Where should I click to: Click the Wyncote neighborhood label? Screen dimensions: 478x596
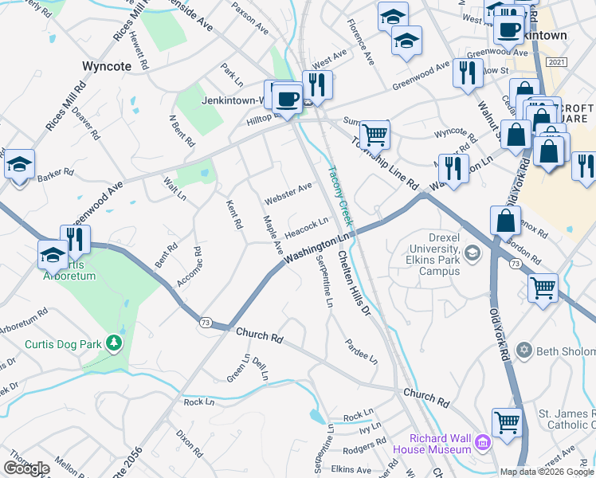(106, 66)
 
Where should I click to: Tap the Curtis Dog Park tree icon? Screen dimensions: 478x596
(116, 343)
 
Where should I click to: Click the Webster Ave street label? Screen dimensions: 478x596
(288, 192)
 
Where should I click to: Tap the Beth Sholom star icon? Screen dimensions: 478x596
(524, 350)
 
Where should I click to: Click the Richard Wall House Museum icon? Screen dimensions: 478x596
(483, 442)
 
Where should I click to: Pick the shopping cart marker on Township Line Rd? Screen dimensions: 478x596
(374, 135)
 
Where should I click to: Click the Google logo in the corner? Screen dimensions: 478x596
(26, 468)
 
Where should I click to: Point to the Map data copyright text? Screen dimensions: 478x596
(547, 472)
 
